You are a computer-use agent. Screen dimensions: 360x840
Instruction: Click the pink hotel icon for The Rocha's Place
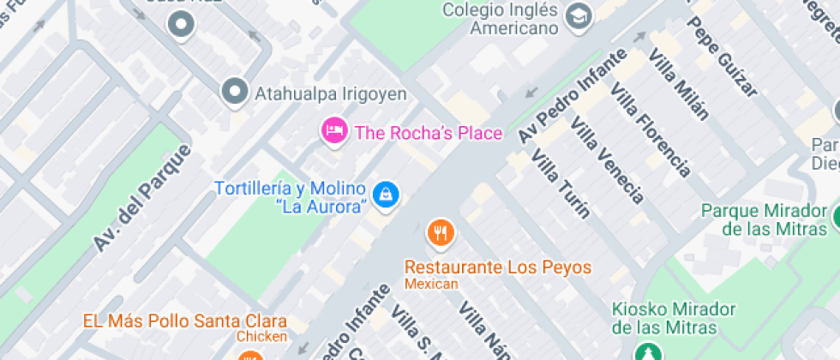[x=333, y=131]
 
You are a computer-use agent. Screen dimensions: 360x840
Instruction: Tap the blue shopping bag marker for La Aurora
[x=387, y=194]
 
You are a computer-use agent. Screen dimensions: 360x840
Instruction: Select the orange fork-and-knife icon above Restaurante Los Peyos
[x=440, y=231]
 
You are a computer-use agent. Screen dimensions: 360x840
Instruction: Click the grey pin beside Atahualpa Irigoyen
[x=234, y=92]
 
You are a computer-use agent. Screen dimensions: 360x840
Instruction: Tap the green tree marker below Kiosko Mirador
[x=647, y=352]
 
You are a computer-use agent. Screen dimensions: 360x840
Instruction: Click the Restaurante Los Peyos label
[x=498, y=267]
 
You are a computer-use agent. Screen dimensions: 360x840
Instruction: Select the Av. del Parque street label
[x=142, y=198]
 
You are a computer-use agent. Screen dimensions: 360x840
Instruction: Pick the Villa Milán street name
[x=680, y=83]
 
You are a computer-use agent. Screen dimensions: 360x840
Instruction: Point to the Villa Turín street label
[x=561, y=183]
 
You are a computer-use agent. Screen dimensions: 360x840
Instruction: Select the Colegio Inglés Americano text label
[x=500, y=19]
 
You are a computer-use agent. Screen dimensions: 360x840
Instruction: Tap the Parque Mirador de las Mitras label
[x=765, y=219]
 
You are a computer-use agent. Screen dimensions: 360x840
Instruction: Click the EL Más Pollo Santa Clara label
[x=184, y=322]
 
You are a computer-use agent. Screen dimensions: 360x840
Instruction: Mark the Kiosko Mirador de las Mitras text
[x=675, y=318]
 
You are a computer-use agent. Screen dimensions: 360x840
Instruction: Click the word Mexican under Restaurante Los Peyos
[x=432, y=284]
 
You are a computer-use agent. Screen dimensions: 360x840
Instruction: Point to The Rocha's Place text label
[x=429, y=133]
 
